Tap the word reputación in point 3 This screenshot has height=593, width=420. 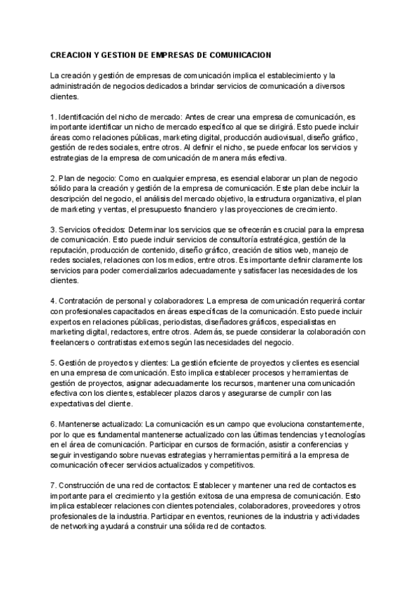pyautogui.click(x=71, y=250)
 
